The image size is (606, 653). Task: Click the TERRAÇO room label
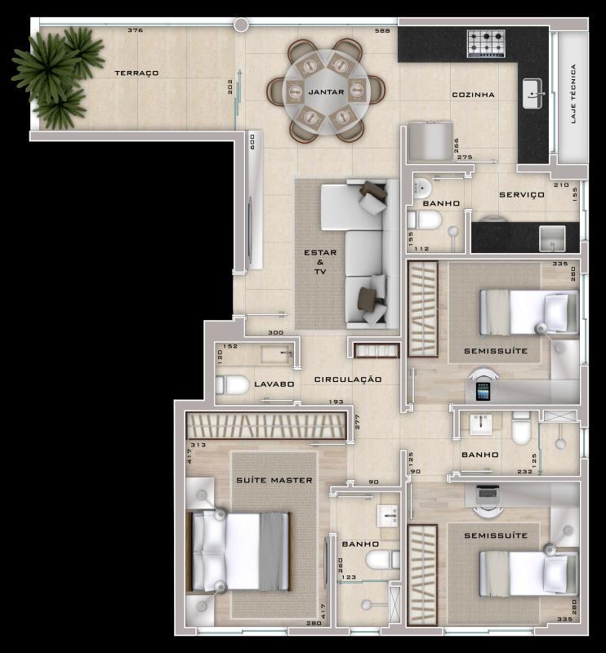click(136, 73)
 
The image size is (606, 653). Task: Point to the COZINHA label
click(474, 96)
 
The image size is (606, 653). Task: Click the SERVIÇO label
click(521, 195)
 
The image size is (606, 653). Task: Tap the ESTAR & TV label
click(320, 262)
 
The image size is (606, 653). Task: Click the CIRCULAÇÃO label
click(348, 380)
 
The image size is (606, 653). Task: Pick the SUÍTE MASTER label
click(274, 480)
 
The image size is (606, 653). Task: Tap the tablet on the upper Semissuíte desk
click(483, 393)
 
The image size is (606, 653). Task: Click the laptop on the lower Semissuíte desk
click(489, 492)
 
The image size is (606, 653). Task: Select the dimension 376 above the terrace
click(135, 30)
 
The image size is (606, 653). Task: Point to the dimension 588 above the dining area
click(381, 31)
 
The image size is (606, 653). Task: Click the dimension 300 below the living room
click(275, 333)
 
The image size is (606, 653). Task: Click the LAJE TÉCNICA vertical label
click(573, 94)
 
